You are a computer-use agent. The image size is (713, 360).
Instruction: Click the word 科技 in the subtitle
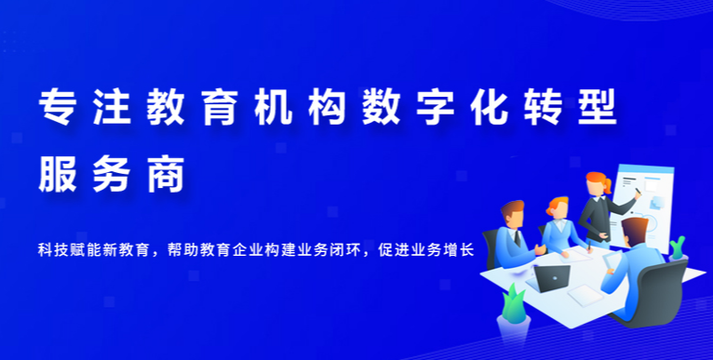[x=52, y=249]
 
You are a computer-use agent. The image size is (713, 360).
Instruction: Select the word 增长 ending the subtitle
[x=462, y=249]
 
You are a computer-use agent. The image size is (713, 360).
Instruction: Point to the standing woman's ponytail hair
[x=607, y=187]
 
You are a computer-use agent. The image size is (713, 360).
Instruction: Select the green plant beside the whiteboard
[x=678, y=247]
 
